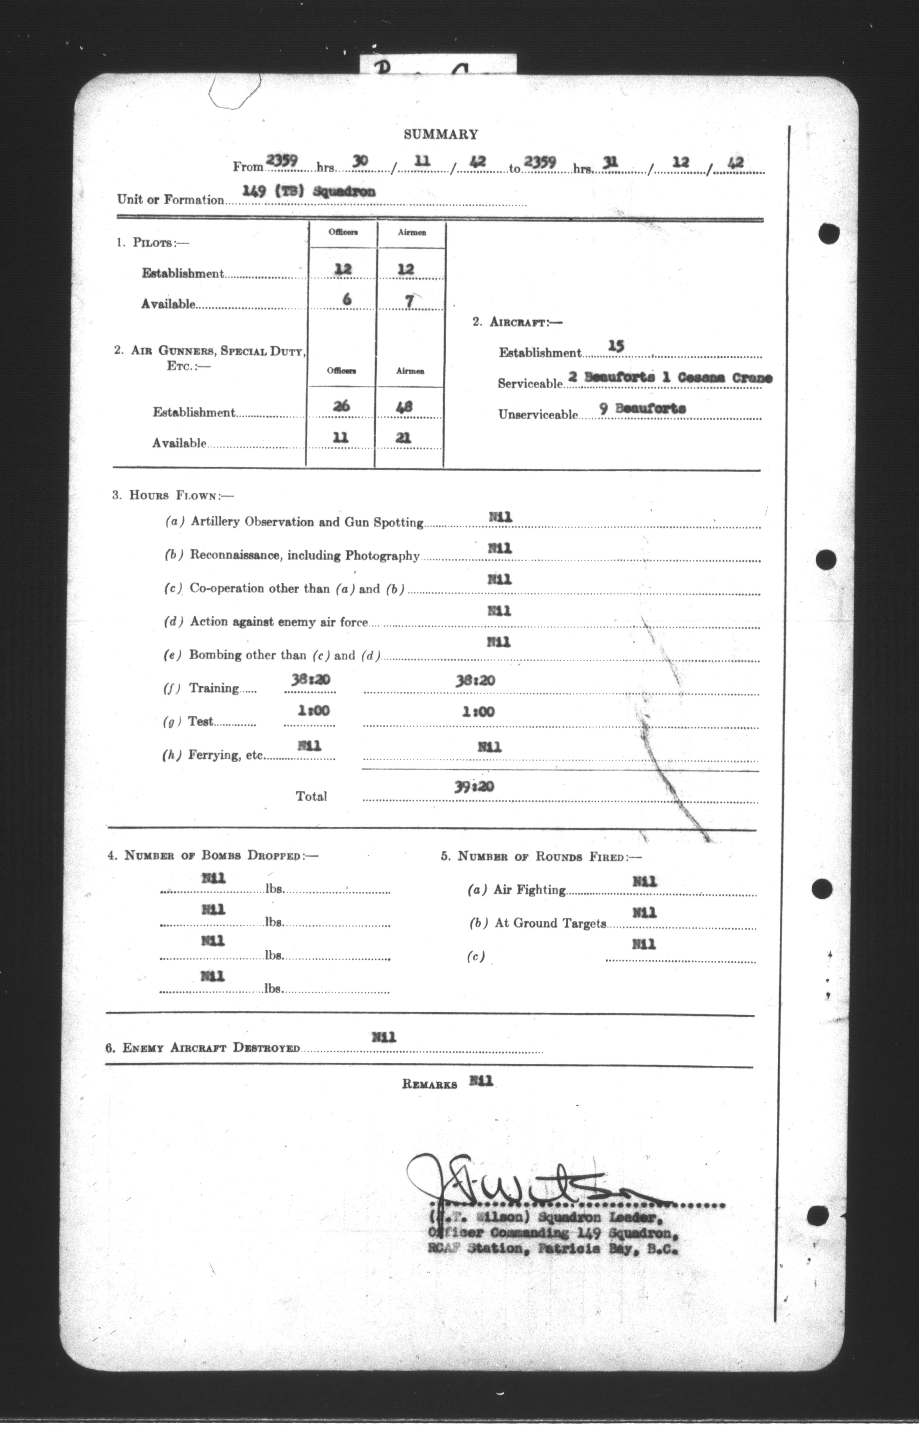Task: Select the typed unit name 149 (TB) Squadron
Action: tap(309, 191)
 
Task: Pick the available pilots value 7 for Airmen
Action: tap(409, 301)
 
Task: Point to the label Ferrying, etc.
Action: tap(225, 755)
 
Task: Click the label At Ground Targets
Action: tap(550, 923)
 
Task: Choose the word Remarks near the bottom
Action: tap(430, 1085)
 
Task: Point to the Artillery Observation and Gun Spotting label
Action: tap(307, 522)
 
